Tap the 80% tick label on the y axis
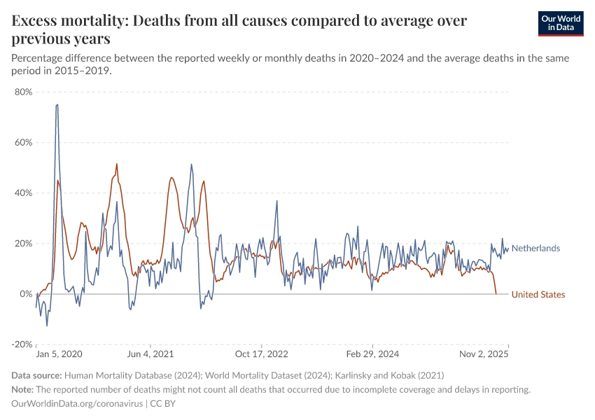coord(23,92)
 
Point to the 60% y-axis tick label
coord(23,142)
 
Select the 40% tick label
coord(23,193)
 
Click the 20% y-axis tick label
coord(23,244)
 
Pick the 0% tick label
coord(26,294)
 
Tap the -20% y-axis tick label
coord(22,344)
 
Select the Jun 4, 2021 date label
coord(150,355)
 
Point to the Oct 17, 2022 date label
coord(262,355)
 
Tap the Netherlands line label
coord(535,248)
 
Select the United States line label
coord(538,295)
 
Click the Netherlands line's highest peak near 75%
coord(57,105)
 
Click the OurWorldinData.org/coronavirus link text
coord(77,404)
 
